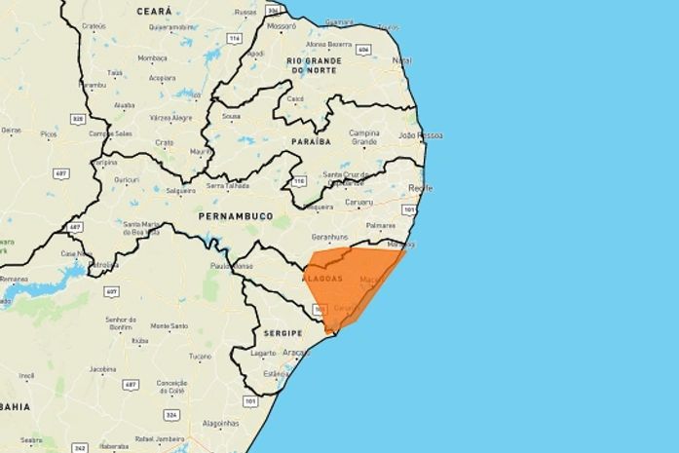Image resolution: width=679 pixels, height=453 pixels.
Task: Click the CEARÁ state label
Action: point(153,11)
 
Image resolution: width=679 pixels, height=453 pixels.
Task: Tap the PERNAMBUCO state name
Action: point(235,214)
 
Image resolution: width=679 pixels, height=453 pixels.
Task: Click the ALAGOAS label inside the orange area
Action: point(323,279)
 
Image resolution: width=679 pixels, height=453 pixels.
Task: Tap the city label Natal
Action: point(401,61)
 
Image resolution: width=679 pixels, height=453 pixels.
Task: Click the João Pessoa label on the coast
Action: point(421,134)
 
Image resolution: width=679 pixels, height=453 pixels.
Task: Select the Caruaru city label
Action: point(358,203)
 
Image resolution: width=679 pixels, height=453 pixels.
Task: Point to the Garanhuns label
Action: point(329,236)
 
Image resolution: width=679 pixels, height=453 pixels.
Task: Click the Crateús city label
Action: point(94,26)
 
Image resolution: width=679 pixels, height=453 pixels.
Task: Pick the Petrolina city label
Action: point(103,264)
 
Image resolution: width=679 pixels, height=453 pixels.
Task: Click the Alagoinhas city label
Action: point(220,423)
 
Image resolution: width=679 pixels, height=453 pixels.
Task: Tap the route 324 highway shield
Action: point(172,414)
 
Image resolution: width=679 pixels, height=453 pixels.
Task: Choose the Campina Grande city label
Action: point(363,136)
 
